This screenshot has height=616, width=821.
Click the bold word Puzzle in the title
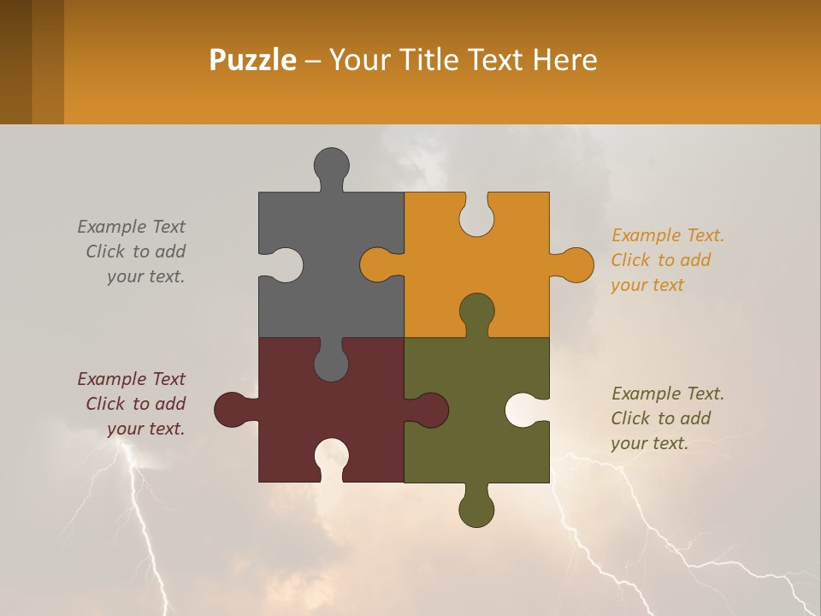pos(252,60)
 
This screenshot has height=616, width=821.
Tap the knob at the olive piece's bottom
pos(476,510)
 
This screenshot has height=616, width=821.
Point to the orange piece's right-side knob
pos(576,264)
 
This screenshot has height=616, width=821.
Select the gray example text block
pos(132,252)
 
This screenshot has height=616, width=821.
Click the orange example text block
pos(667,260)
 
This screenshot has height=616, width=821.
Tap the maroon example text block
pos(132,404)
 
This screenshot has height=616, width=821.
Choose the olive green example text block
pos(667,418)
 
